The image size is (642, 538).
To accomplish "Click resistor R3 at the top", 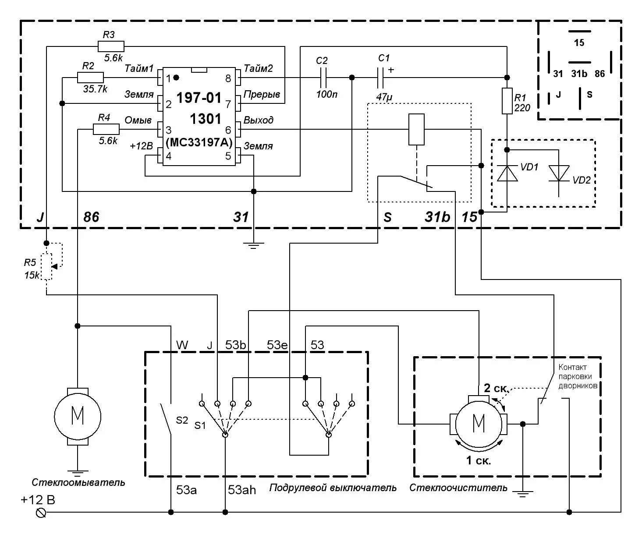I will [110, 46].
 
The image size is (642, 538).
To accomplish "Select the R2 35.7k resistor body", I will [90, 78].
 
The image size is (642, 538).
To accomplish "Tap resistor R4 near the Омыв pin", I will [106, 129].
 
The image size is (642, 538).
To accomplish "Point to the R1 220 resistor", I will [507, 101].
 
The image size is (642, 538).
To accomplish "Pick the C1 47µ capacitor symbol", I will [380, 78].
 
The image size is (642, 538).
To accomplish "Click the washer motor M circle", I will [77, 416].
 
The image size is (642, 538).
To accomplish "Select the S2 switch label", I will [182, 421].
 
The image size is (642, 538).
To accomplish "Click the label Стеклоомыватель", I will [78, 483].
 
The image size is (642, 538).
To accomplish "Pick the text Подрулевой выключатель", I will [333, 488].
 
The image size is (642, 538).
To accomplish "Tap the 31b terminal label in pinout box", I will [579, 74].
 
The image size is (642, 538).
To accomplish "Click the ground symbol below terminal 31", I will [253, 245].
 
